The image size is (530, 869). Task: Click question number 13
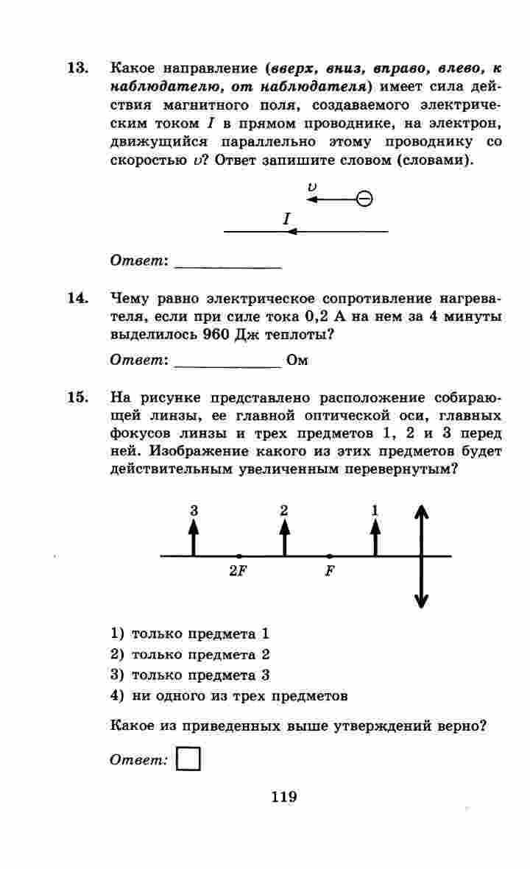coord(77,68)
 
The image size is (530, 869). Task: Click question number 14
coord(77,299)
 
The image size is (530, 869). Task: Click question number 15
coord(77,398)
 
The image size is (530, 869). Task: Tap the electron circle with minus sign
coord(364,199)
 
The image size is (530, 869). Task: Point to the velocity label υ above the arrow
coord(312,187)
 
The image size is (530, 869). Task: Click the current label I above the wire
coord(286,219)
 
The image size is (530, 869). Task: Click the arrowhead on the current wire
coord(291,232)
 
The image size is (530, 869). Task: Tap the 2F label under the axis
coord(237,571)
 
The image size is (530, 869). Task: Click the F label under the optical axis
coord(329,571)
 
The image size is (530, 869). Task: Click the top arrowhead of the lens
coord(421,512)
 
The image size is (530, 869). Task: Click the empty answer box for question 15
coord(189,759)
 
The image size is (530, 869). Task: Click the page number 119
coord(283,796)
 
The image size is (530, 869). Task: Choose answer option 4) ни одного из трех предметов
coord(229,695)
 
